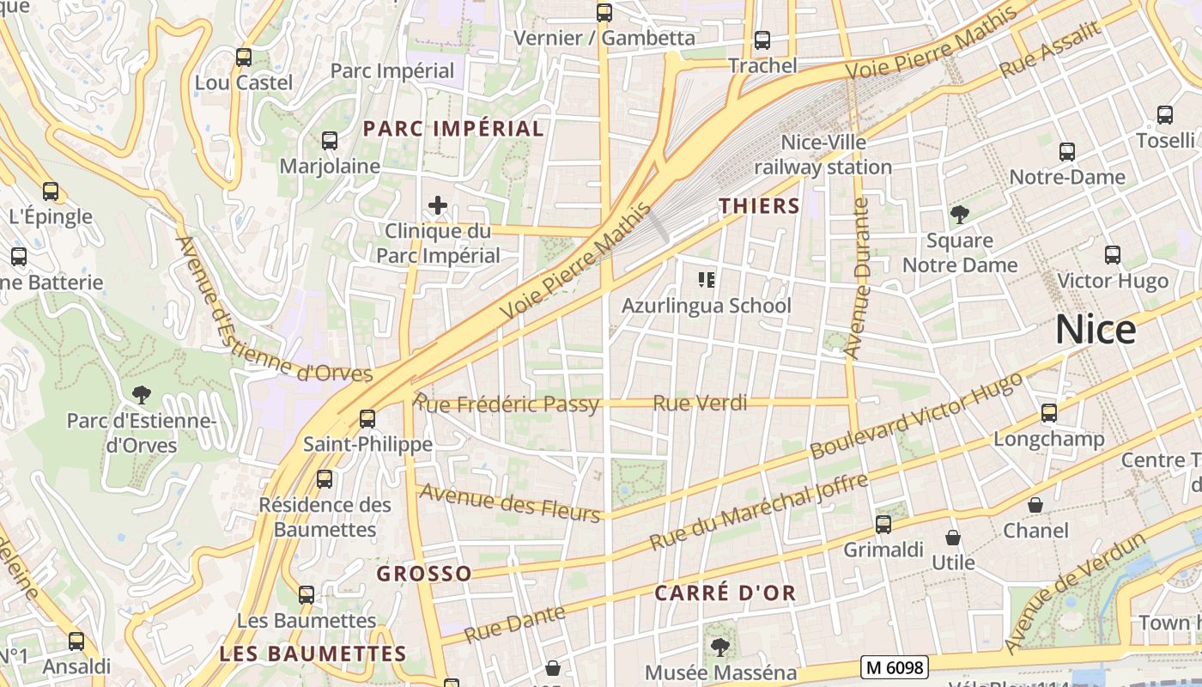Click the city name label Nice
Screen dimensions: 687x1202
pyautogui.click(x=1096, y=330)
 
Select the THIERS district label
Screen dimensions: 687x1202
pyautogui.click(x=759, y=206)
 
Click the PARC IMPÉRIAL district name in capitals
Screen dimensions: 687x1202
pyautogui.click(x=453, y=129)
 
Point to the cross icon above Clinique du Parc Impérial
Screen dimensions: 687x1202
pyautogui.click(x=438, y=205)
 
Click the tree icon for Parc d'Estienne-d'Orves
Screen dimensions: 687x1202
pyautogui.click(x=142, y=395)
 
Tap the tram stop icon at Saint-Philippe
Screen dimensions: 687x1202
pyautogui.click(x=367, y=419)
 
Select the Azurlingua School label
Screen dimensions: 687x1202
pyautogui.click(x=707, y=306)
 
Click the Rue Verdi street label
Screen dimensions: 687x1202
pyautogui.click(x=700, y=403)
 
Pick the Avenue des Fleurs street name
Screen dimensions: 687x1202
pyautogui.click(x=509, y=502)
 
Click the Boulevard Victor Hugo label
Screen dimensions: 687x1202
pyautogui.click(x=916, y=416)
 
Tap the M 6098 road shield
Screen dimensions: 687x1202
pyautogui.click(x=895, y=667)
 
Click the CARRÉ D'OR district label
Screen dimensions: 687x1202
pyautogui.click(x=725, y=593)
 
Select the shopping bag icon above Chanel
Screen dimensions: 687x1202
pyautogui.click(x=1035, y=505)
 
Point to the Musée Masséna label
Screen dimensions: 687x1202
pyautogui.click(x=720, y=672)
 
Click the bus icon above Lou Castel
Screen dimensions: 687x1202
pyautogui.click(x=244, y=58)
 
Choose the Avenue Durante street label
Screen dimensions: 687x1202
pyautogui.click(x=859, y=278)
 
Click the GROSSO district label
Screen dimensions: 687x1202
pyautogui.click(x=424, y=574)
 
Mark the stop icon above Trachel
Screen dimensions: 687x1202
pyautogui.click(x=762, y=40)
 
